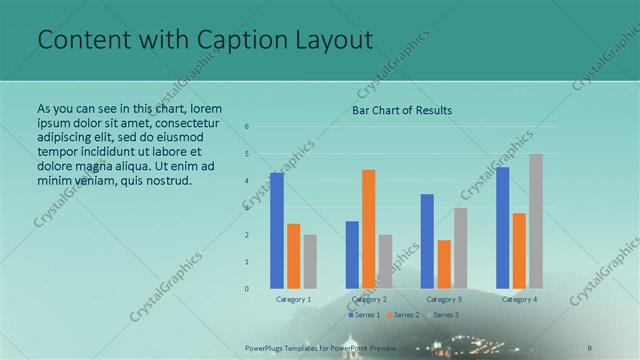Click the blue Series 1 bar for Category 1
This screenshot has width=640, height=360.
coord(277,230)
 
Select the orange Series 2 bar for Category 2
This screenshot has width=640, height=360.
coord(369,229)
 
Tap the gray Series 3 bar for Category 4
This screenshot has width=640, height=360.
coord(536,221)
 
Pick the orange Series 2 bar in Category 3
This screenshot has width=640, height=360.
coord(444,264)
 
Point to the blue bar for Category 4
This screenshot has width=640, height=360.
coord(502,228)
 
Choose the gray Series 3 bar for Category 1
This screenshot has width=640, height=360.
coord(310,262)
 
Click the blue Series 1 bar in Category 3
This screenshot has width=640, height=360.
coord(427,241)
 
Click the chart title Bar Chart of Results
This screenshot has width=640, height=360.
coord(401,110)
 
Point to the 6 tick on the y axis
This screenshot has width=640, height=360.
coord(248,127)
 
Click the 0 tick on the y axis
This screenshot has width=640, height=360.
coord(248,289)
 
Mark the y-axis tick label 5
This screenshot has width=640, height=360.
coord(248,154)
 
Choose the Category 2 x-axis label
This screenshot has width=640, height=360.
coord(369,299)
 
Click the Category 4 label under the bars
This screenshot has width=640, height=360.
coord(519,299)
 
